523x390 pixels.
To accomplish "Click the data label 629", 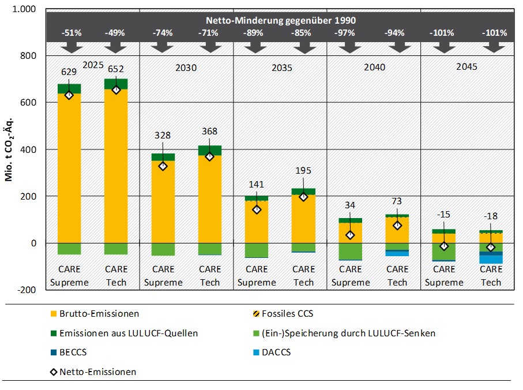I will pos(69,72).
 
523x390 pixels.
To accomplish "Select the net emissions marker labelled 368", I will pos(210,156).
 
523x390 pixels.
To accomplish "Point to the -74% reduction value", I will pos(163,33).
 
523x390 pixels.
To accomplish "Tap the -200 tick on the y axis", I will pos(27,290).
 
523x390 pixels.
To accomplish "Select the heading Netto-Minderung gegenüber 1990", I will pos(280,20).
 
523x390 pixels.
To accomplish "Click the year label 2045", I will pos(466,67).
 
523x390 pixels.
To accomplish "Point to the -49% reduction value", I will pos(116,33).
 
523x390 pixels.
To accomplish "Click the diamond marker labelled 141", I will pos(257,209).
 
